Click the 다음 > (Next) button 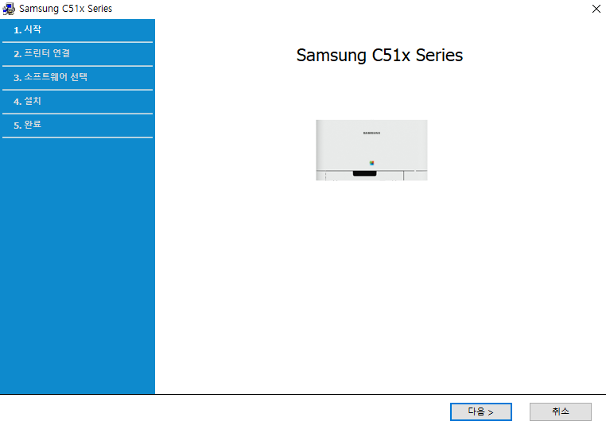click(480, 411)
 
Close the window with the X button click(596, 9)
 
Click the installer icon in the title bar click(9, 9)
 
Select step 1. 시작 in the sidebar click(28, 29)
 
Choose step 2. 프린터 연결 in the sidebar click(42, 53)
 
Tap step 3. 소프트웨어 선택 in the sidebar click(50, 77)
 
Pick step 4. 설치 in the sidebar click(28, 101)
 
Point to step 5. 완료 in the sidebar click(28, 125)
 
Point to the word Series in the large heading click(440, 56)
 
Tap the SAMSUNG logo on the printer click(371, 133)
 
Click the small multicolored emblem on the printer click(371, 162)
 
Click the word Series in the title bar click(99, 9)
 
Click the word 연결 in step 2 click(61, 53)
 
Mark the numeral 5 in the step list click(17, 126)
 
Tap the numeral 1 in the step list click(17, 30)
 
